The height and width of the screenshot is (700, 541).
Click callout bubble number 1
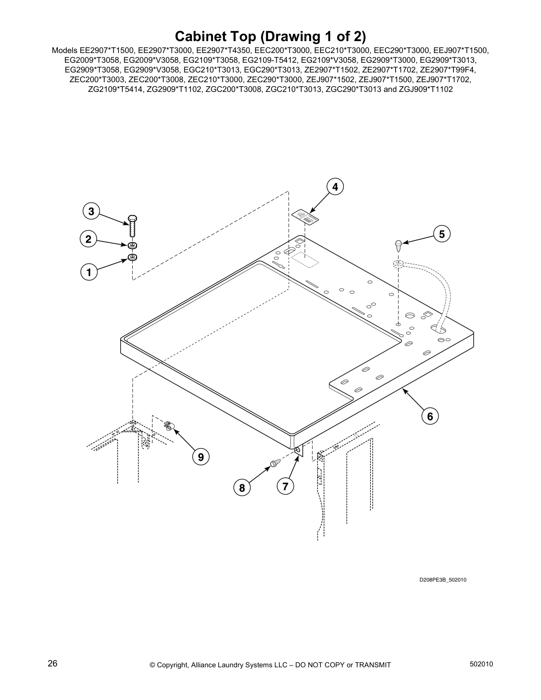(89, 272)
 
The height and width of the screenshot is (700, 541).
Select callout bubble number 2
(88, 240)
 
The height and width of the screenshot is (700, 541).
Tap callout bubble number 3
(91, 212)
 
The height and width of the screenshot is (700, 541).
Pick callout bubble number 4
(335, 187)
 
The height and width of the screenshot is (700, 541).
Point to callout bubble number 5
(442, 234)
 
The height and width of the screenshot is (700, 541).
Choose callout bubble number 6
(430, 416)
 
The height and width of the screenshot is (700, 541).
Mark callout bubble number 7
(285, 487)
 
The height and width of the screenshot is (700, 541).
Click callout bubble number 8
(242, 488)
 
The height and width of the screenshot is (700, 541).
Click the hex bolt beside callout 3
(133, 226)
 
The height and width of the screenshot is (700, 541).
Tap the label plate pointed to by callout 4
(305, 217)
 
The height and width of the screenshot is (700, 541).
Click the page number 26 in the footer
(53, 664)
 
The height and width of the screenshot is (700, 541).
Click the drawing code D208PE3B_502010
(443, 580)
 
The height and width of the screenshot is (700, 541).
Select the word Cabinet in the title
(202, 36)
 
